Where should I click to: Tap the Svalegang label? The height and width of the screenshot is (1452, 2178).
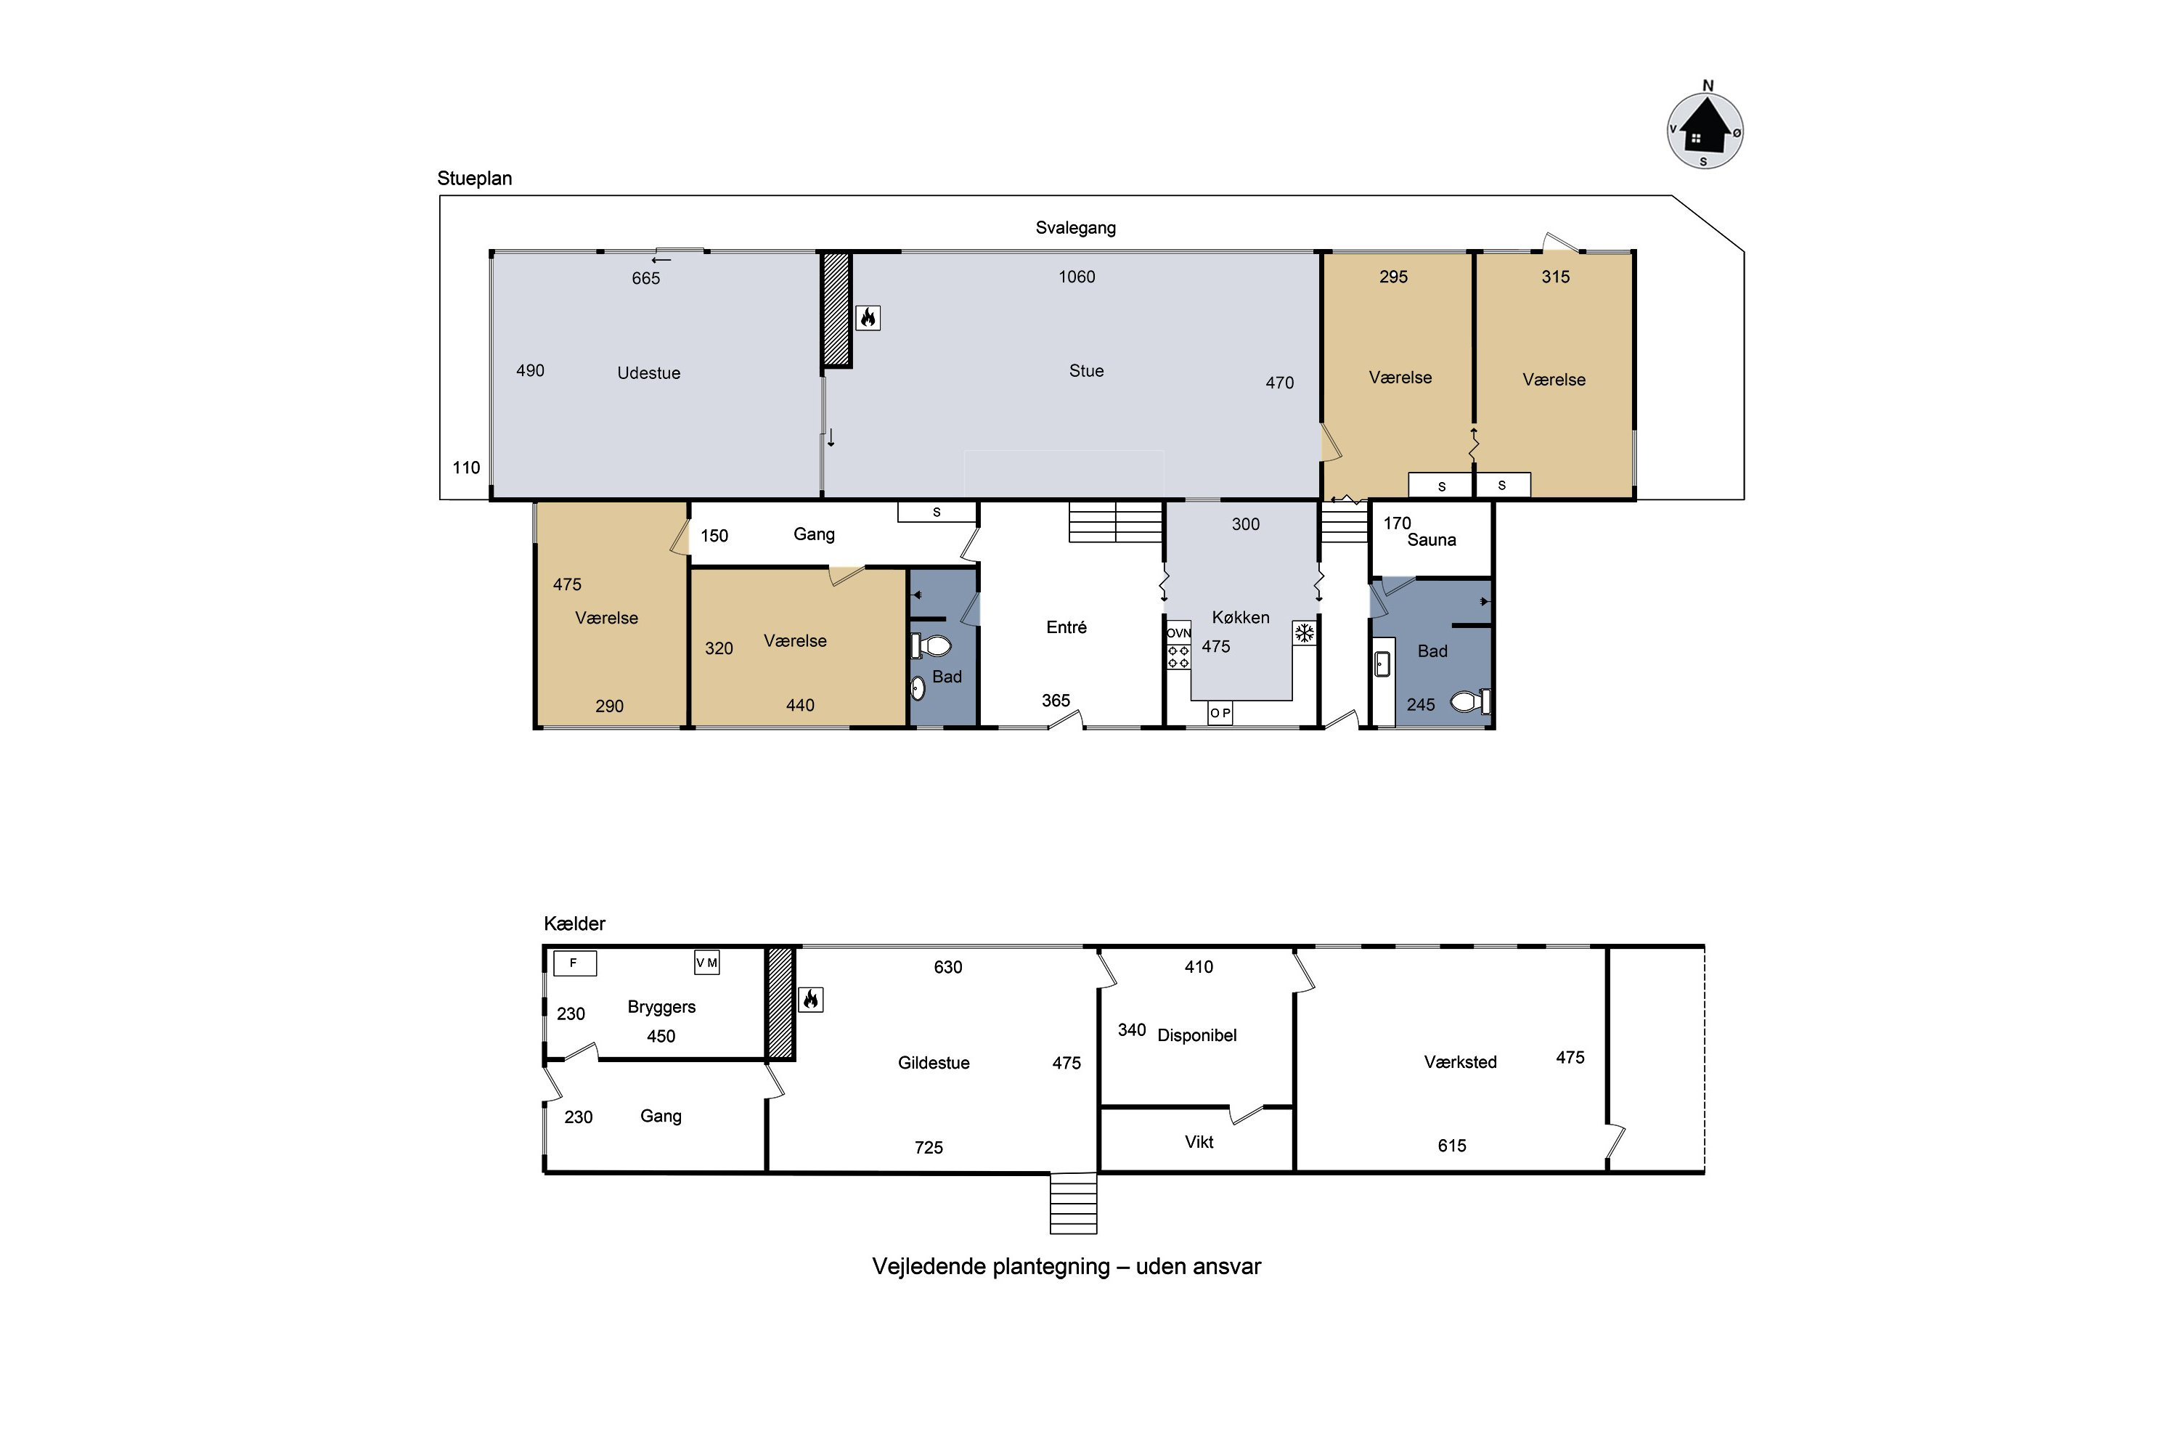(1075, 228)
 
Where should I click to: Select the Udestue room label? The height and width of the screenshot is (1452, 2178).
(648, 373)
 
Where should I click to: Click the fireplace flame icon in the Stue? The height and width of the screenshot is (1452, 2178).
(868, 318)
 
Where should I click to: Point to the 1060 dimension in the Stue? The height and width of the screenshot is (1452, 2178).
(1077, 277)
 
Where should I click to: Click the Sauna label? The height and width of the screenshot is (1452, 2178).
(1432, 540)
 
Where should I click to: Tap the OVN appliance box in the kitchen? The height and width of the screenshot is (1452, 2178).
(1179, 633)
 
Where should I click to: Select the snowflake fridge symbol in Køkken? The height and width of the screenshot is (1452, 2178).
(1305, 633)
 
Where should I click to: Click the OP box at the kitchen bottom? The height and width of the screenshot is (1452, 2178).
(1220, 713)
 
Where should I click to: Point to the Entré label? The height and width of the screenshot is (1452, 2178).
(1066, 627)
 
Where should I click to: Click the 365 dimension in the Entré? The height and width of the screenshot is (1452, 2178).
(1056, 701)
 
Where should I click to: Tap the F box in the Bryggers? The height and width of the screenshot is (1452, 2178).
(574, 963)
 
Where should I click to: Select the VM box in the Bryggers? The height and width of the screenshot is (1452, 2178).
(706, 963)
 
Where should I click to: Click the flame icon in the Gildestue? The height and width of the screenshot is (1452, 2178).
(810, 999)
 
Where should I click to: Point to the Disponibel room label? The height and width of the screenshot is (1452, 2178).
(1196, 1035)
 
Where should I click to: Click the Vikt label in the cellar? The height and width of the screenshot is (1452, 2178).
(1199, 1142)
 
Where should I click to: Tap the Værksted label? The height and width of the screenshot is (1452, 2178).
(1460, 1062)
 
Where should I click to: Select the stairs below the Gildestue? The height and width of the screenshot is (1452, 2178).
(1073, 1204)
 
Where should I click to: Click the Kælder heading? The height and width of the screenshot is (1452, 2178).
(574, 923)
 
